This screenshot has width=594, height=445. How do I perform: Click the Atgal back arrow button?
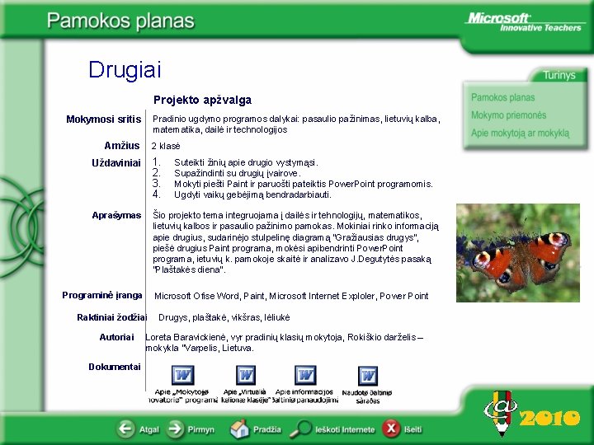pyautogui.click(x=125, y=429)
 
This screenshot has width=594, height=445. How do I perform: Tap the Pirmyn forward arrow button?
pyautogui.click(x=176, y=429)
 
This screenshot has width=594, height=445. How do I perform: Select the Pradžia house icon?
pyautogui.click(x=240, y=429)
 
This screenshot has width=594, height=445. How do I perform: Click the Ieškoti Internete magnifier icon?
pyautogui.click(x=304, y=429)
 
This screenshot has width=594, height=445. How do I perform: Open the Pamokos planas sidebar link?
pyautogui.click(x=502, y=97)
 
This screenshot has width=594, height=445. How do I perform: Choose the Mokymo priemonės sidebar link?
pyautogui.click(x=508, y=115)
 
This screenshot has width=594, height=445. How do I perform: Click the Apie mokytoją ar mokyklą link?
pyautogui.click(x=520, y=133)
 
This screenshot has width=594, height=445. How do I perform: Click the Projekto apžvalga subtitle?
pyautogui.click(x=202, y=101)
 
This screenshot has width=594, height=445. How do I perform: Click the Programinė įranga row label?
pyautogui.click(x=102, y=295)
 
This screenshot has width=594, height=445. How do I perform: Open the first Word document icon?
pyautogui.click(x=182, y=376)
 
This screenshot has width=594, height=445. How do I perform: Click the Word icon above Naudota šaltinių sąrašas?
pyautogui.click(x=368, y=376)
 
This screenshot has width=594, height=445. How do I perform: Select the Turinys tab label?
pyautogui.click(x=559, y=75)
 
